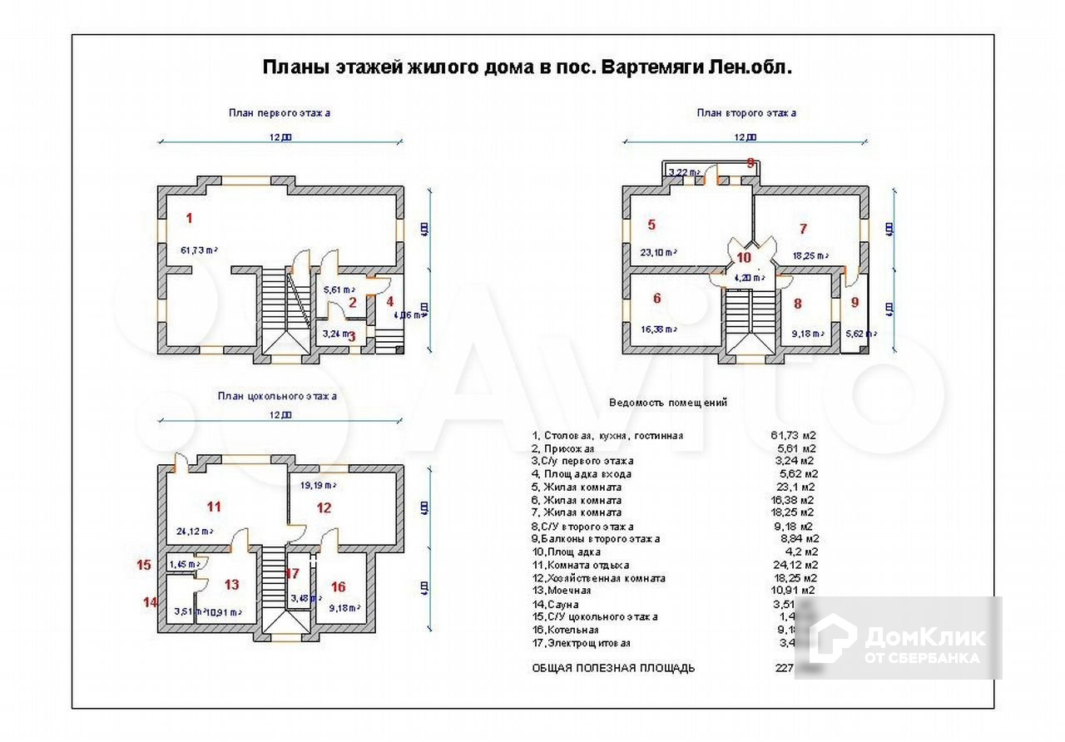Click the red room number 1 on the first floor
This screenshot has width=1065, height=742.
point(190,219)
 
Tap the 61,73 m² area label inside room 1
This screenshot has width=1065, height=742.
point(199,250)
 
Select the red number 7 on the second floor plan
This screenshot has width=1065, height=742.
point(803,228)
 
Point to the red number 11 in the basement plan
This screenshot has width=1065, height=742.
point(214,506)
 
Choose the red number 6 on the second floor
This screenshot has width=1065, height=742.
point(656,299)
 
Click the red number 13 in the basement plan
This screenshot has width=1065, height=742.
point(231,585)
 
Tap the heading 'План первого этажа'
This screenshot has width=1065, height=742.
point(280,112)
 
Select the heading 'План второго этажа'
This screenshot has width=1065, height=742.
point(746,112)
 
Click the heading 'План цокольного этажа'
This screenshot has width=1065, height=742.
point(277,396)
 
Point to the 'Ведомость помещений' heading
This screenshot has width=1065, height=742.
point(668,403)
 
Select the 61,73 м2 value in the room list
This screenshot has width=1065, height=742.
point(792,435)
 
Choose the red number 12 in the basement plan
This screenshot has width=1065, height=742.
point(324,507)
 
